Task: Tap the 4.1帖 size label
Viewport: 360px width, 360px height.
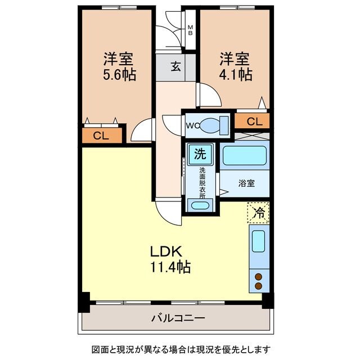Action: click(x=236, y=74)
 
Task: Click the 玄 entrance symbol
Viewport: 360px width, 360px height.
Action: click(x=176, y=67)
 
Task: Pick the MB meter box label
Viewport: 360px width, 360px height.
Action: click(x=190, y=29)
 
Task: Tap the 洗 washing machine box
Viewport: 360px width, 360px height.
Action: click(x=200, y=154)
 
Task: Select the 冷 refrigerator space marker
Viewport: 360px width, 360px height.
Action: click(x=259, y=213)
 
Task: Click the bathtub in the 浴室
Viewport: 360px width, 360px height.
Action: click(x=244, y=155)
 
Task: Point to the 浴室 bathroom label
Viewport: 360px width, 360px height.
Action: click(x=246, y=183)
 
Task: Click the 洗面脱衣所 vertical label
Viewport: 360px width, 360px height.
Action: click(x=201, y=181)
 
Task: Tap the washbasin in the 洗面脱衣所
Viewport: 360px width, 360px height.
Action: click(x=199, y=205)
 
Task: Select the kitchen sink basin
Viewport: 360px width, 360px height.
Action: click(x=259, y=241)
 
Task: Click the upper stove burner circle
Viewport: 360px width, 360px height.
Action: click(x=259, y=276)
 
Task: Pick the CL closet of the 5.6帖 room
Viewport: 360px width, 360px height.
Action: click(x=101, y=135)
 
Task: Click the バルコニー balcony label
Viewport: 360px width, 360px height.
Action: click(x=177, y=318)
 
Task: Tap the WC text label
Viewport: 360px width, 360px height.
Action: click(x=190, y=125)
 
